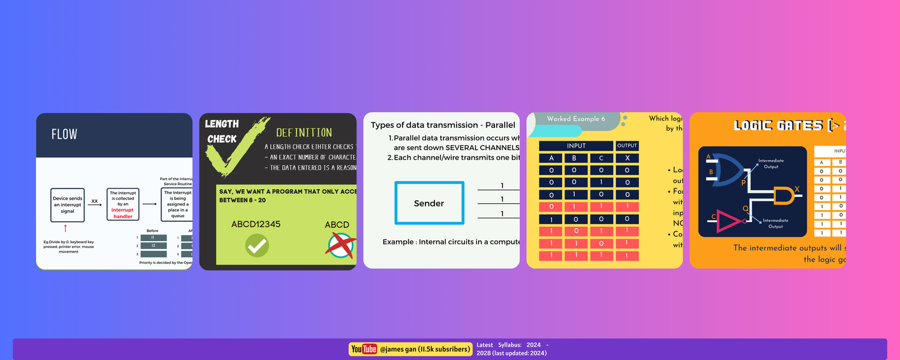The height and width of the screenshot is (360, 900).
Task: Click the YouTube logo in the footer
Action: coord(364,349)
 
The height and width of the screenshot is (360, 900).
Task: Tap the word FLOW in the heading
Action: coord(64,134)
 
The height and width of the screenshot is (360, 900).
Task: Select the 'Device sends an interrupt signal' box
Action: coord(68,205)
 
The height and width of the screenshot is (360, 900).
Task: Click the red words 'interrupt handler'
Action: coord(123,213)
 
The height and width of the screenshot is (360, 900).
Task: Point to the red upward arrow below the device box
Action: coord(65,229)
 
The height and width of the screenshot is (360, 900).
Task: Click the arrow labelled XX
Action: coord(95,205)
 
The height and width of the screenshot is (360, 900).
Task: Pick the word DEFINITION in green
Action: coord(304,133)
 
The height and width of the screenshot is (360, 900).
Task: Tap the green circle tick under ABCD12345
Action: coord(257,245)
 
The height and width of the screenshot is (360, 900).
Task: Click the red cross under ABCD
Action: coord(340,244)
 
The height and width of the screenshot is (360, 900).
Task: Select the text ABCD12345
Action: coord(256,224)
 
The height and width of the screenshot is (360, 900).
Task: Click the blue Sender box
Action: coord(429,203)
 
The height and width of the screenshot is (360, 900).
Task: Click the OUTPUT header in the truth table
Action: coord(627,146)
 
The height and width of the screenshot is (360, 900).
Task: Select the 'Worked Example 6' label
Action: coord(572,119)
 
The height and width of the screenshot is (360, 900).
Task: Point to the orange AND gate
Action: coord(782,196)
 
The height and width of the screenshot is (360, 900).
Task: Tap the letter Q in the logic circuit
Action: coord(746,208)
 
